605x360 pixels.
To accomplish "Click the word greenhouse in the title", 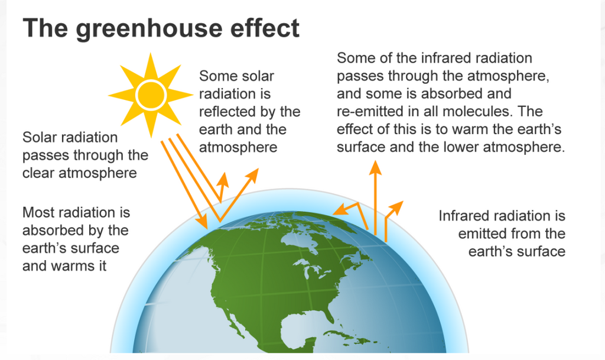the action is click(x=149, y=29).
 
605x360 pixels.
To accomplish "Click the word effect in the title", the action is click(x=265, y=28).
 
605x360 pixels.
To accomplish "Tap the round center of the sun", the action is click(x=151, y=95).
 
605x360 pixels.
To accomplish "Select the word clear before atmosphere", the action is click(x=38, y=173).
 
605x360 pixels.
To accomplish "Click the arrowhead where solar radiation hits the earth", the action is click(x=203, y=223).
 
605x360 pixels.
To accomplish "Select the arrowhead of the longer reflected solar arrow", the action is click(x=253, y=174).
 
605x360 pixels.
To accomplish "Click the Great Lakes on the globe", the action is click(x=313, y=269).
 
